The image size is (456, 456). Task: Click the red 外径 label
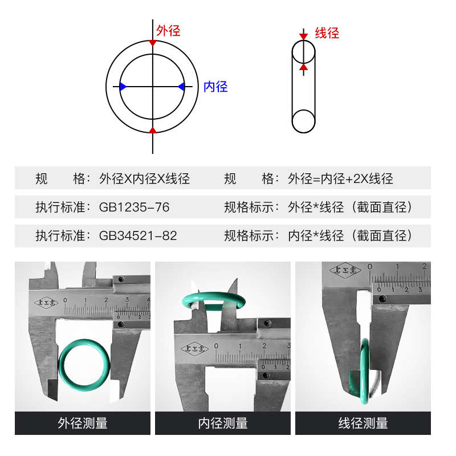point(168,31)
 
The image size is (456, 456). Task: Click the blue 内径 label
point(215,87)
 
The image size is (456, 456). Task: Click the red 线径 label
point(327,33)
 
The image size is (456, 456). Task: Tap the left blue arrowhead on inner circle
point(123,86)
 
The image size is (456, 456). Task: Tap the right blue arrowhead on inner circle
point(181,86)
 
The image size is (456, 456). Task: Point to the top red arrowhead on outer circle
point(152,43)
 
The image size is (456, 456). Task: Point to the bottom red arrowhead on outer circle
point(152,130)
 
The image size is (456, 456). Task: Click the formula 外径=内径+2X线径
point(341,178)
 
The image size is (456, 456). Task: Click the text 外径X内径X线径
point(144,178)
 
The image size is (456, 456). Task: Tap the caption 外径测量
point(83,423)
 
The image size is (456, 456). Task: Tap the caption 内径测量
point(223,423)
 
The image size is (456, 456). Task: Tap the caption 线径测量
point(363,423)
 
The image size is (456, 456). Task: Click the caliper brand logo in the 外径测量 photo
point(47,303)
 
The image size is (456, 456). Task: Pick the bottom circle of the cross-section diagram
point(304,121)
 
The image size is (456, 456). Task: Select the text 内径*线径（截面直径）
point(350,235)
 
